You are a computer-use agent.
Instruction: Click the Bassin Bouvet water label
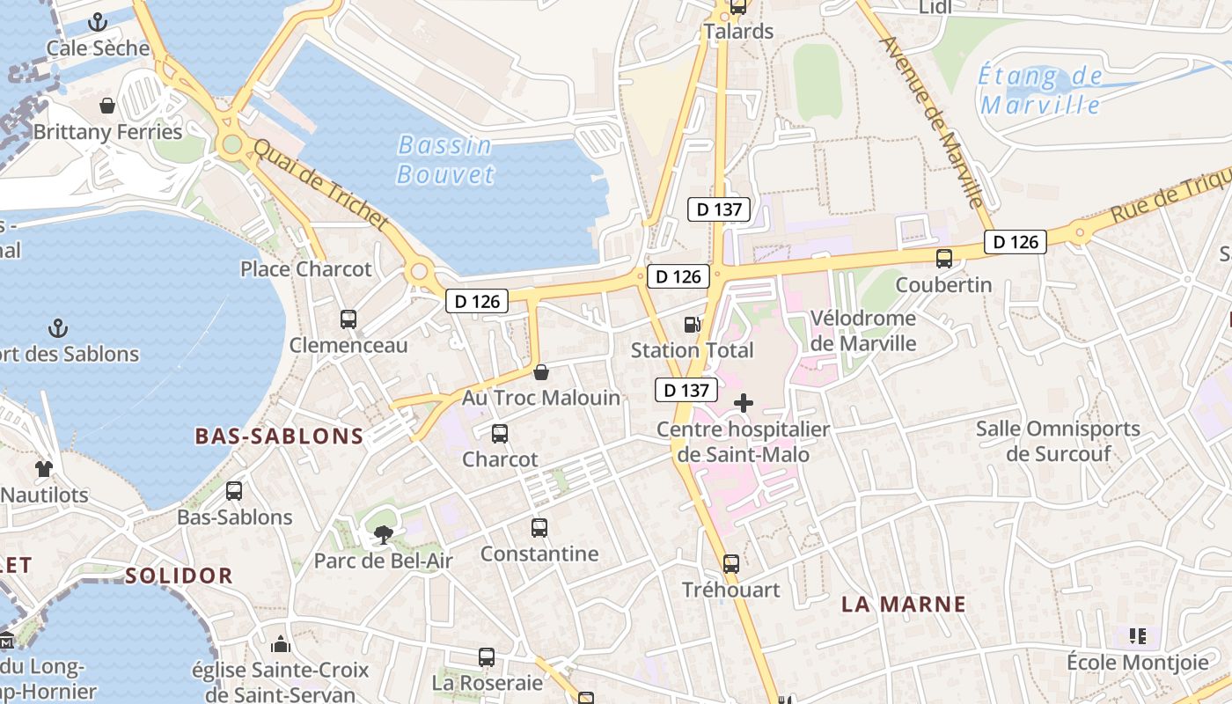click(445, 159)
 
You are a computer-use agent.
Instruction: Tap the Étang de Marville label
click(1041, 91)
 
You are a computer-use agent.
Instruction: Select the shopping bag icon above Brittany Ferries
click(107, 106)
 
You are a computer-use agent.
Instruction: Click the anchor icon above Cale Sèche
click(99, 22)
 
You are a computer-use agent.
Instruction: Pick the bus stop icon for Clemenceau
click(348, 319)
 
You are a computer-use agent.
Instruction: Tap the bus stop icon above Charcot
click(500, 434)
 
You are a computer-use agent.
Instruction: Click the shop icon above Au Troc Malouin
click(541, 372)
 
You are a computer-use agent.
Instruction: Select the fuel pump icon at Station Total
click(693, 325)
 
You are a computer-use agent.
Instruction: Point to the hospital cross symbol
click(744, 404)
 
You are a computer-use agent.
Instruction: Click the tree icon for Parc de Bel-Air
click(383, 534)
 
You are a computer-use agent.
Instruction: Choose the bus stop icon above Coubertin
click(944, 259)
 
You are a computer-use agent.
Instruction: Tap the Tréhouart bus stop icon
click(731, 564)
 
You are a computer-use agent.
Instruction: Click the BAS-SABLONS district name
click(279, 436)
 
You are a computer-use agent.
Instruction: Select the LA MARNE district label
click(904, 605)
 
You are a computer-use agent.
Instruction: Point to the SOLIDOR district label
click(179, 576)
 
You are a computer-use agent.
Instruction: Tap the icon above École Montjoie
click(1138, 635)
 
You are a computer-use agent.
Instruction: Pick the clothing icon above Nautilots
click(44, 469)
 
